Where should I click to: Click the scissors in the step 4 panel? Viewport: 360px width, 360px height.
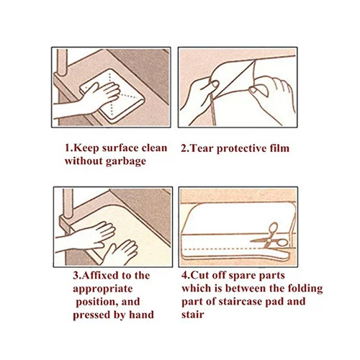(x=271, y=237)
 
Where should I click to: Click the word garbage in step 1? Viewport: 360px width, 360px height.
(x=125, y=161)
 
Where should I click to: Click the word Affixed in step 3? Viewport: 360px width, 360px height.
(x=100, y=275)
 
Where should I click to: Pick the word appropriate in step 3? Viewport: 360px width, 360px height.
(x=103, y=289)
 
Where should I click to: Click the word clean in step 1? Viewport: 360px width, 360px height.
(x=154, y=148)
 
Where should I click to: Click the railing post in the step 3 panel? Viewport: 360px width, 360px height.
(x=68, y=204)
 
